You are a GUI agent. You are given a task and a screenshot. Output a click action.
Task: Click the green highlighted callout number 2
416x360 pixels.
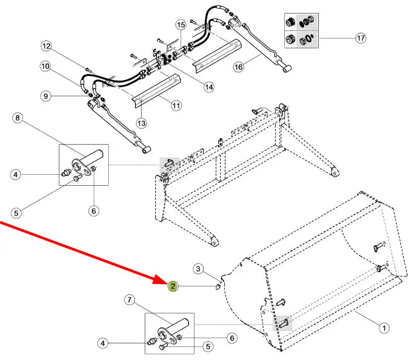pyautogui.click(x=172, y=286)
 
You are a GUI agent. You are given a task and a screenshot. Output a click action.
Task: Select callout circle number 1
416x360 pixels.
pyautogui.click(x=383, y=328)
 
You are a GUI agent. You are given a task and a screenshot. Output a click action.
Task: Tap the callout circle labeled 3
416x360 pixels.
pyautogui.click(x=198, y=268)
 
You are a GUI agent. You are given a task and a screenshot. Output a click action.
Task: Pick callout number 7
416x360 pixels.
pyautogui.click(x=130, y=300)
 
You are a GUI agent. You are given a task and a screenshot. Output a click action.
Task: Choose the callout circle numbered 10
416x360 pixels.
pyautogui.click(x=45, y=66)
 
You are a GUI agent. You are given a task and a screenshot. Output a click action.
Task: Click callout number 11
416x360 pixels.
pyautogui.click(x=177, y=106)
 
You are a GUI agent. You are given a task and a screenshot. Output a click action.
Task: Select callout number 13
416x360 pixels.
pyautogui.click(x=142, y=123)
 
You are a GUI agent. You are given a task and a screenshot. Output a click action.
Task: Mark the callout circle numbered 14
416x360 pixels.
pyautogui.click(x=209, y=87)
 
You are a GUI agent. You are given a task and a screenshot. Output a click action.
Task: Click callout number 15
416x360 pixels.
pyautogui.click(x=181, y=24)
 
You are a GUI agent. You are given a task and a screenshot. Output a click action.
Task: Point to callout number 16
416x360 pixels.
pyautogui.click(x=238, y=67)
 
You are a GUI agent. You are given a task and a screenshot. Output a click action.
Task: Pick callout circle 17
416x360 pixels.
pyautogui.click(x=360, y=37)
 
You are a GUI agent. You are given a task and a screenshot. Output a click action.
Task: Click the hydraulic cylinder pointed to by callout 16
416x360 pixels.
pyautogui.click(x=260, y=47)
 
